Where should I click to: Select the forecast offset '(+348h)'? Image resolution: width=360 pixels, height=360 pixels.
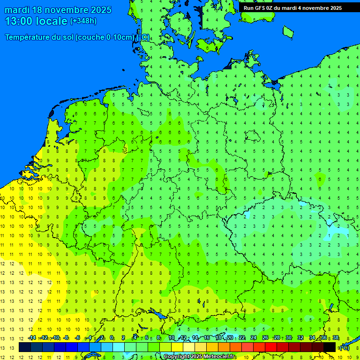(x=83, y=21)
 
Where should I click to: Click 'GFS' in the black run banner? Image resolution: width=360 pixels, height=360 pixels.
(x=261, y=8)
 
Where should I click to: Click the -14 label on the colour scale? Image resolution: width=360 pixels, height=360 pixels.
(x=32, y=338)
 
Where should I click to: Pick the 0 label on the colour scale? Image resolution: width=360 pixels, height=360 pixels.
(x=112, y=338)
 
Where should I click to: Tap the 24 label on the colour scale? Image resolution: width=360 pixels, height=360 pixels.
(x=254, y=338)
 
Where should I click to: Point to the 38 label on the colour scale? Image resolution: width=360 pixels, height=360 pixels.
(x=336, y=338)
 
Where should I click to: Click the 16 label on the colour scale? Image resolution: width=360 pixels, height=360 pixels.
(x=207, y=338)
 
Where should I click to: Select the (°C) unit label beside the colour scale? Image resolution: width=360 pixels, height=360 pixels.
(x=345, y=347)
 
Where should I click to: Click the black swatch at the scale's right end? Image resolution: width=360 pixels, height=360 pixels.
(x=330, y=347)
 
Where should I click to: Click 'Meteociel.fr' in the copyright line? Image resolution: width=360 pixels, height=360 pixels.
(x=219, y=357)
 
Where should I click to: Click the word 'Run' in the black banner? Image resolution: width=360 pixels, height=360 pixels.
(x=248, y=8)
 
